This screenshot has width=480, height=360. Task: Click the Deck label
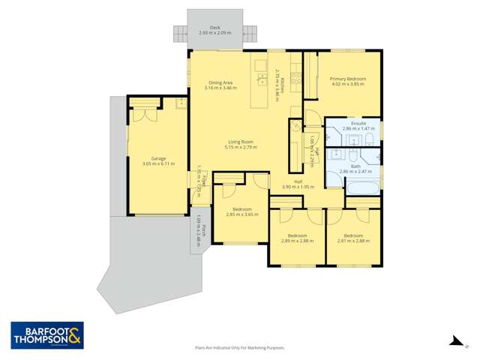(x=215, y=25)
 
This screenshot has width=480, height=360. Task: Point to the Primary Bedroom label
(x=348, y=79)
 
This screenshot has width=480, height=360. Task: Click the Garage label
(x=158, y=158)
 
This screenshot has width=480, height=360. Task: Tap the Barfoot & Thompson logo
(x=46, y=335)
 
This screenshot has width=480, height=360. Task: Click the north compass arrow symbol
(x=454, y=341)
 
